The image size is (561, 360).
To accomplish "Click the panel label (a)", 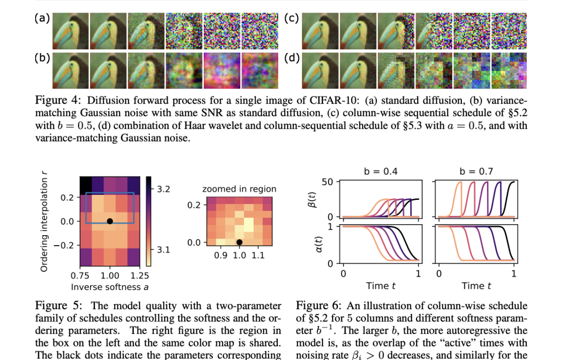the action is coord(42,18).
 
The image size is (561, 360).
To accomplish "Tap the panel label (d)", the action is coord(292,58).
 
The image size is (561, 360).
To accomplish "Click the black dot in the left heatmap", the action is coord(110,222).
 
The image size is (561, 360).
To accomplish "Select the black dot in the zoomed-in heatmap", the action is coord(239,243).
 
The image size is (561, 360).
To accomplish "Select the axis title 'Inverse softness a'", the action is coord(110,287).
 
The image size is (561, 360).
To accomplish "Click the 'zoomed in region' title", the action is coord(239,189).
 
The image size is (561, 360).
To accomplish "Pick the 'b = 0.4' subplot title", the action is coord(381,171).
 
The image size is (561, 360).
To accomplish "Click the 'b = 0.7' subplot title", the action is coord(476,171).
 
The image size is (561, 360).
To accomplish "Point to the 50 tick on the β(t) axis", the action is coord(328,182).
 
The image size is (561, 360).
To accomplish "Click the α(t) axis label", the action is coord(319,244).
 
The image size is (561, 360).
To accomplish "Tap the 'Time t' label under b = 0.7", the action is coord(476,286).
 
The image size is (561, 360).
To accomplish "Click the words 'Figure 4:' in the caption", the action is coord(58,100).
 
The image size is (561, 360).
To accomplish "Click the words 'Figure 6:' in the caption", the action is coord(319,306).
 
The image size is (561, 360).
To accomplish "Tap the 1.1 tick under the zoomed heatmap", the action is coord(258,255).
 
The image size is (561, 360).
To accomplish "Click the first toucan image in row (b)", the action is coord(70,70).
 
